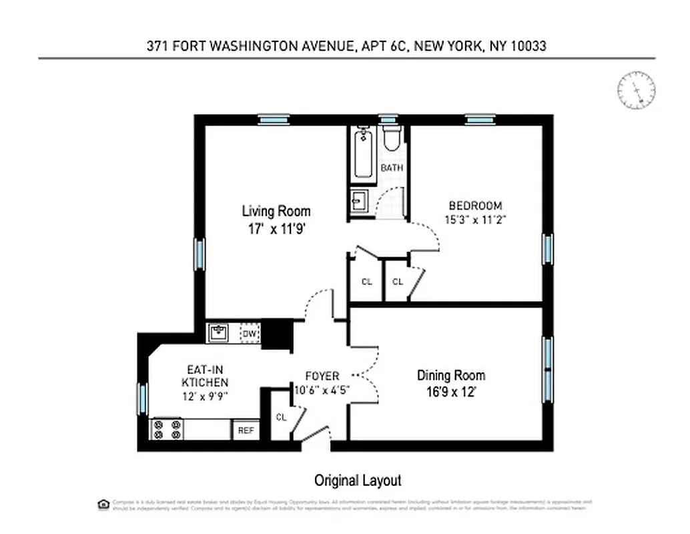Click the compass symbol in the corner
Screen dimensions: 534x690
click(x=636, y=90)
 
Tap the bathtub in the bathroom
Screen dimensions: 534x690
click(x=363, y=154)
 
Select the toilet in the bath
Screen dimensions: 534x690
click(x=391, y=139)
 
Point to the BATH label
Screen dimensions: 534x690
click(x=392, y=168)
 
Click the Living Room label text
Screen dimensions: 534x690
click(x=276, y=212)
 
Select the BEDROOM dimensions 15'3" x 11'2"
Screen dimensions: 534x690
click(x=474, y=219)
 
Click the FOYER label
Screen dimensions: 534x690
click(x=322, y=376)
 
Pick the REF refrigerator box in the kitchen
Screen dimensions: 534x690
click(x=246, y=431)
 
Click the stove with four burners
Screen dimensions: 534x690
click(x=167, y=429)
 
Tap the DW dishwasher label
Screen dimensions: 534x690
click(x=249, y=333)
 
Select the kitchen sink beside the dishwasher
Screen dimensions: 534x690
click(x=219, y=332)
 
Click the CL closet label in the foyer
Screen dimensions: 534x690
click(x=281, y=417)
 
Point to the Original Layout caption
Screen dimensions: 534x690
click(x=358, y=480)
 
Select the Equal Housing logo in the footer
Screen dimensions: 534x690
click(x=103, y=503)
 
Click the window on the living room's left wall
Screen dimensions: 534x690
click(x=198, y=255)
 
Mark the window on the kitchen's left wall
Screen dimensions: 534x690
click(x=141, y=398)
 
